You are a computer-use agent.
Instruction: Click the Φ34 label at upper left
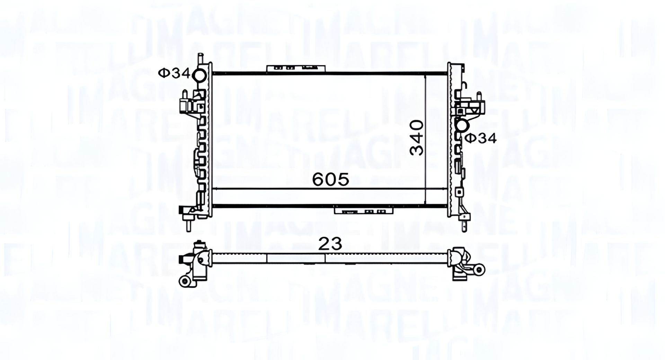coord(174,73)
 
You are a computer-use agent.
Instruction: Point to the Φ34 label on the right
coord(480,138)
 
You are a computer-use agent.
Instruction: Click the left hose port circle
coord(200,75)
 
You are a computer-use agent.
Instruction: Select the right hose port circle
coord(462,126)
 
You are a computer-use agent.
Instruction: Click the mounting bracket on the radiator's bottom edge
coord(363,210)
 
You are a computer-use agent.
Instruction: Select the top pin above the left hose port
coord(200,59)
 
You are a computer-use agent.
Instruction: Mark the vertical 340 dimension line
coord(425,138)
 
